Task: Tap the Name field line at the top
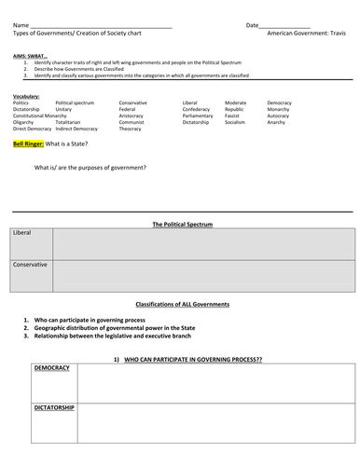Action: (103, 25)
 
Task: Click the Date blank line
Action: (285, 25)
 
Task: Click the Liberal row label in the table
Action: (23, 233)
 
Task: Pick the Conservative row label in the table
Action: (31, 265)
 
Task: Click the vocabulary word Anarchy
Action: (277, 121)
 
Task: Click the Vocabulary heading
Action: (27, 96)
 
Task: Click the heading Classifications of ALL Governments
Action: (183, 305)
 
